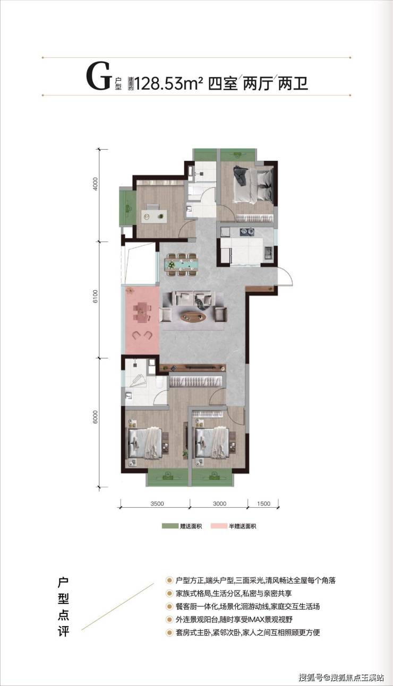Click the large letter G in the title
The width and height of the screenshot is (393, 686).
tap(98, 76)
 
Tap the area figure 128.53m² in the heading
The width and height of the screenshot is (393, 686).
tap(168, 83)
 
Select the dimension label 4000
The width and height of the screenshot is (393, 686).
tap(96, 184)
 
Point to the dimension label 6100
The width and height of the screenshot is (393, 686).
tap(96, 297)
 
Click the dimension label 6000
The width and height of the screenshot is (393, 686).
tap(96, 417)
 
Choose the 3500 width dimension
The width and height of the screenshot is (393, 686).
tap(157, 503)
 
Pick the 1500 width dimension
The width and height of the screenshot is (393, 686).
tap(263, 503)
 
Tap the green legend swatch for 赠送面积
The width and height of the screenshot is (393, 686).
tap(170, 526)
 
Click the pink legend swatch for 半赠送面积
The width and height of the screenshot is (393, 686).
tap(219, 526)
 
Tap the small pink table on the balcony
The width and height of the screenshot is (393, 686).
tap(142, 312)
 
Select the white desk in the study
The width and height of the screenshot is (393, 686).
tap(154, 216)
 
